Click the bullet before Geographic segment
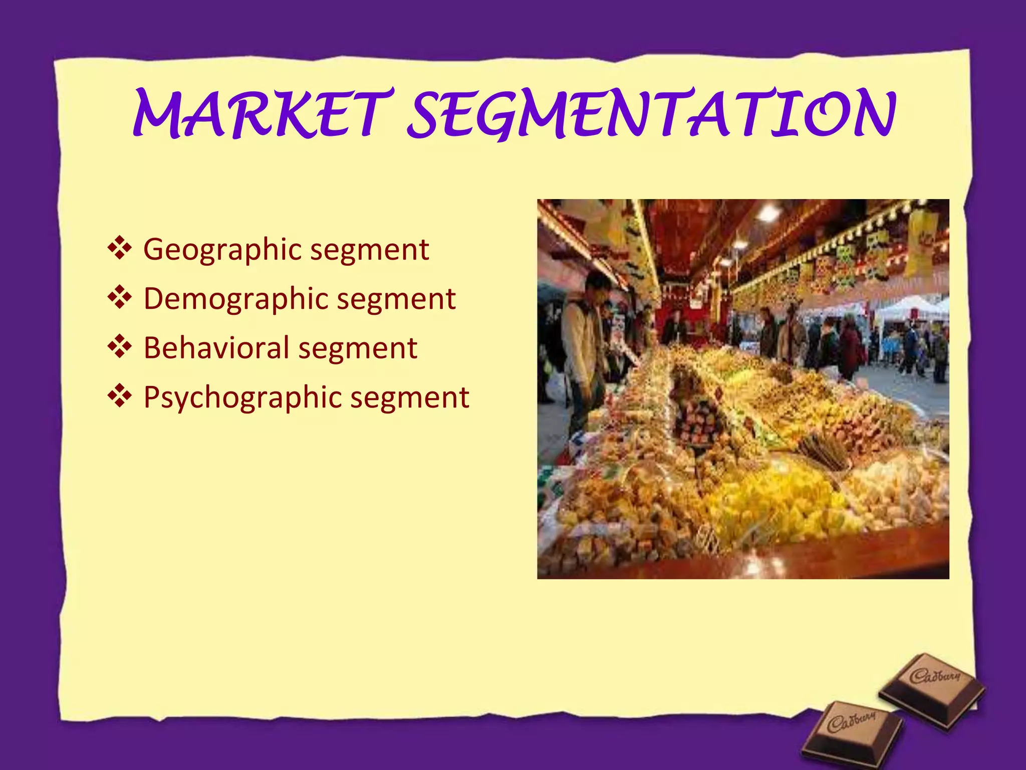tap(120, 249)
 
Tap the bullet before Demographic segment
tap(120, 298)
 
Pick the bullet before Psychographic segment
tap(120, 397)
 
